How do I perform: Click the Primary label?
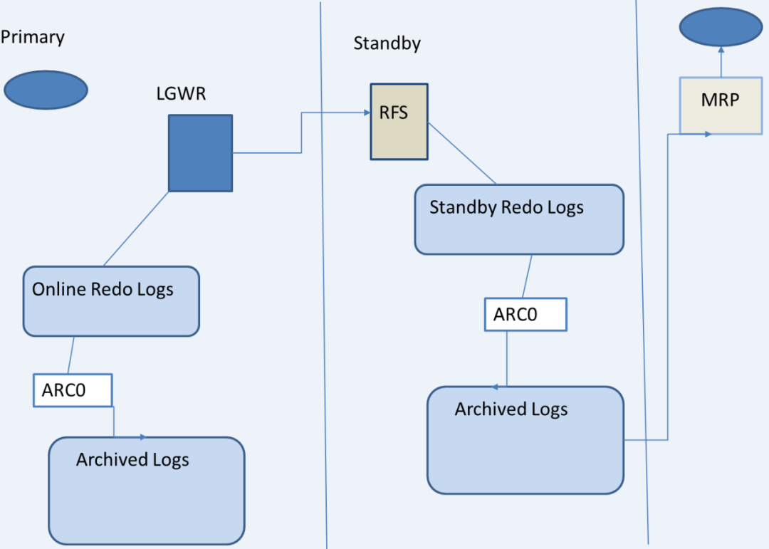tap(33, 37)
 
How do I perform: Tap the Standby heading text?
tap(387, 43)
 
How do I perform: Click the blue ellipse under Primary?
tap(46, 90)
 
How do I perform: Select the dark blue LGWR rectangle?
tap(200, 153)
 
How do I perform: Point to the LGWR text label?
tap(181, 93)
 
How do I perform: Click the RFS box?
tap(399, 122)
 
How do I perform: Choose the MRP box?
tap(721, 105)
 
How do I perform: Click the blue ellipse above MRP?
tap(721, 28)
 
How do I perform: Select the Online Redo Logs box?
tap(111, 301)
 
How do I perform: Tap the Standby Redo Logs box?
tap(519, 219)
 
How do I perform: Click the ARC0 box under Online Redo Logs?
tap(73, 391)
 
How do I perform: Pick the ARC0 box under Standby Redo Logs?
tap(525, 315)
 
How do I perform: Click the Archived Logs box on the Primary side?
tap(147, 490)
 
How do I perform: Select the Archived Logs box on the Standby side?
tap(525, 440)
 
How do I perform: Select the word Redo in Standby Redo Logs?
tap(523, 208)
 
